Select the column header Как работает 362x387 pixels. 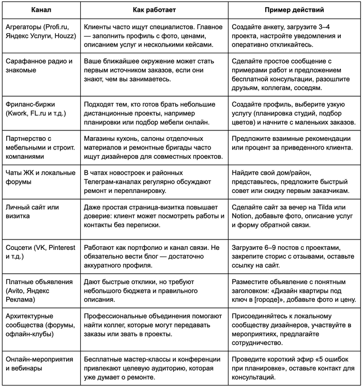click(x=153, y=10)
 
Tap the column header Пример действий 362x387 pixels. click(x=294, y=10)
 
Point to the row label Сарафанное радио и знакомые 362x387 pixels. click(x=39, y=65)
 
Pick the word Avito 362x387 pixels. click(x=16, y=291)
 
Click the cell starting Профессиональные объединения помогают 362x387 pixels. click(x=153, y=325)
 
